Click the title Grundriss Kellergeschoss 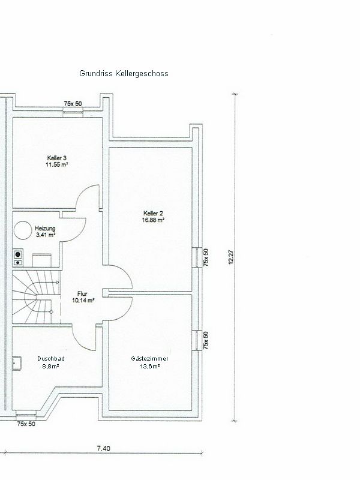point(124,74)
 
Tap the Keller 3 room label point(57,158)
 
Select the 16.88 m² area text point(153,220)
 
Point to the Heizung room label point(45,229)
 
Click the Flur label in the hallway point(82,294)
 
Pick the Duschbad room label point(51,358)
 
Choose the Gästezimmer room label point(149,358)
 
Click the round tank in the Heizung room point(23,230)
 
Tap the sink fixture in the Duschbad point(17,363)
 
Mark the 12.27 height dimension point(231,257)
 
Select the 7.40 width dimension point(103,448)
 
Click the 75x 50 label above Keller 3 point(73,104)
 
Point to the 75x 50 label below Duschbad point(26,424)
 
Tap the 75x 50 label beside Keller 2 point(206,257)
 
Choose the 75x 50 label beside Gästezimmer point(206,340)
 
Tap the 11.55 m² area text point(57,164)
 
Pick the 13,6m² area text point(149,366)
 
